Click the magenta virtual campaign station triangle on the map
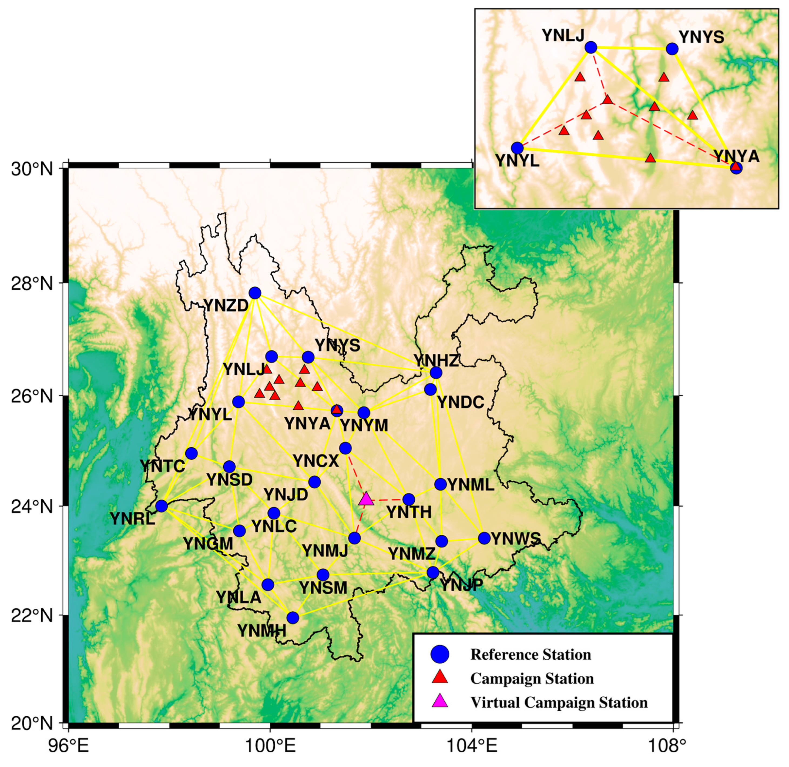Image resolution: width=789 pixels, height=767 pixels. click(366, 499)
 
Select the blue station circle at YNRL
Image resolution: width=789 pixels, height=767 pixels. click(162, 506)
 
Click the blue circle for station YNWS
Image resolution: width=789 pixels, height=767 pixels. click(484, 538)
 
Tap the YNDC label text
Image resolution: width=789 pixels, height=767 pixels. click(461, 402)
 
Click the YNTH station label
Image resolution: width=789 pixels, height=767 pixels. click(409, 513)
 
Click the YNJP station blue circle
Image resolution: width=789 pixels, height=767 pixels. click(432, 572)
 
